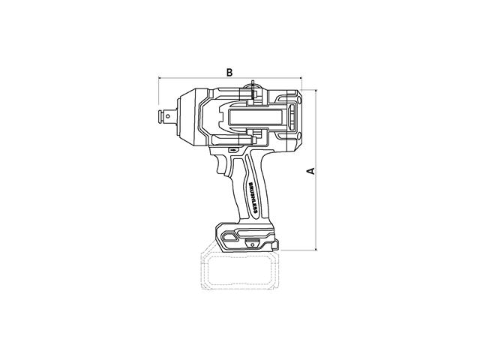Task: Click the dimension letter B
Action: coord(229,73)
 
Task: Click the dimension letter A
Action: coord(311,171)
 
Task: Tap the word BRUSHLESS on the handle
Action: coord(253,198)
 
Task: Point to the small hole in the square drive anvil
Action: coord(167,116)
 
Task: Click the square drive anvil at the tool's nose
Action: coord(167,116)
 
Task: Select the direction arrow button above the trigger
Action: coord(233,150)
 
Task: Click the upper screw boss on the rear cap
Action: coord(299,100)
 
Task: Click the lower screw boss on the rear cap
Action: coord(299,135)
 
